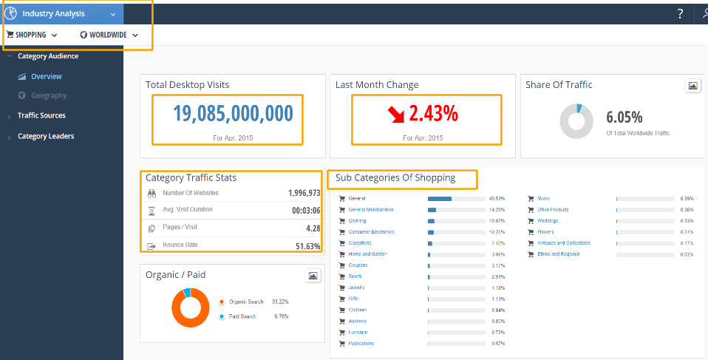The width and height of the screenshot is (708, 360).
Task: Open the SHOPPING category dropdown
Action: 32,35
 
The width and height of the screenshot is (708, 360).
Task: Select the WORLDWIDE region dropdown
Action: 109,35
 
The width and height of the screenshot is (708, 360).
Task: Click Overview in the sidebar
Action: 46,76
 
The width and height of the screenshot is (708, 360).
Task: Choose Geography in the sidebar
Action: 49,95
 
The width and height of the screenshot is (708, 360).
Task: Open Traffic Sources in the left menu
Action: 41,115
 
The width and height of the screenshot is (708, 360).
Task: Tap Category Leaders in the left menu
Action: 46,136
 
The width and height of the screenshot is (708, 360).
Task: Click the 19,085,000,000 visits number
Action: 233,113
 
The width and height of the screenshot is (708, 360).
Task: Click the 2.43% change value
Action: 433,113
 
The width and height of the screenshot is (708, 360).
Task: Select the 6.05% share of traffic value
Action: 624,117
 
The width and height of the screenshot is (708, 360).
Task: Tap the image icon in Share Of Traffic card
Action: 692,86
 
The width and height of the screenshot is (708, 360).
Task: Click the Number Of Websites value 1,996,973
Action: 304,193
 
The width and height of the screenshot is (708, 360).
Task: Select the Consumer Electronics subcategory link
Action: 371,232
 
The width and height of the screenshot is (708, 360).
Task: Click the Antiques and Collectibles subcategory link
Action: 563,243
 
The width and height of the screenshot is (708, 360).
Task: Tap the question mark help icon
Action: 680,13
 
